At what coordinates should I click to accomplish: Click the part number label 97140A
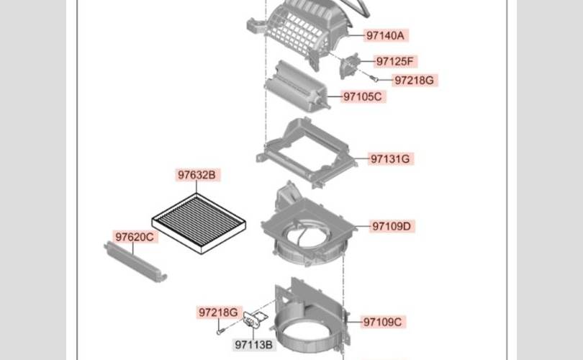pyautogui.click(x=385, y=35)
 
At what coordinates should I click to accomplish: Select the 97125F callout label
pyautogui.click(x=395, y=61)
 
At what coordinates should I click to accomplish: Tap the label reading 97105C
pyautogui.click(x=363, y=96)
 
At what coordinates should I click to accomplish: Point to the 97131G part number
pyautogui.click(x=390, y=159)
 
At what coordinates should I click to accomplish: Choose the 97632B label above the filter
pyautogui.click(x=197, y=175)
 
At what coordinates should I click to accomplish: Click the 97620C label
pyautogui.click(x=135, y=237)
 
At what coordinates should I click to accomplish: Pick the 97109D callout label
pyautogui.click(x=392, y=226)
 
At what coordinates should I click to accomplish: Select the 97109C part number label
pyautogui.click(x=383, y=322)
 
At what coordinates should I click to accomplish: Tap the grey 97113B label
pyautogui.click(x=254, y=345)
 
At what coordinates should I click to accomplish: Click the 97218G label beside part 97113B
pyautogui.click(x=218, y=312)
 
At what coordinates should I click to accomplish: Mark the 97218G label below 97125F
pyautogui.click(x=414, y=81)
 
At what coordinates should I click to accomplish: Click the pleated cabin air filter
pyautogui.click(x=199, y=223)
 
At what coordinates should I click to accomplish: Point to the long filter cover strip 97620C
pyautogui.click(x=135, y=261)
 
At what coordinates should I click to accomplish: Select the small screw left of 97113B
pyautogui.click(x=220, y=330)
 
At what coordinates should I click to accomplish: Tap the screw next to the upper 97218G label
pyautogui.click(x=374, y=78)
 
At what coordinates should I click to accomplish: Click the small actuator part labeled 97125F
pyautogui.click(x=350, y=66)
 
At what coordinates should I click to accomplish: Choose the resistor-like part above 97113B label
pyautogui.click(x=255, y=319)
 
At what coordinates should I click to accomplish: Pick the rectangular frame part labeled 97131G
pyautogui.click(x=307, y=153)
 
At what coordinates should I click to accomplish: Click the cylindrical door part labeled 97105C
pyautogui.click(x=297, y=86)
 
